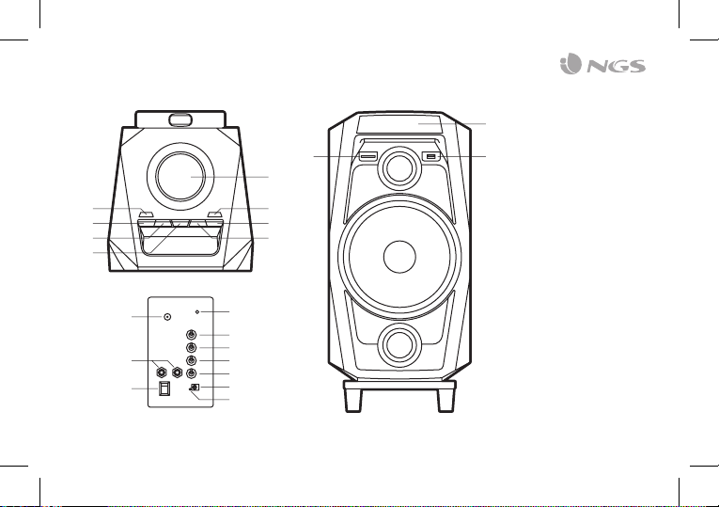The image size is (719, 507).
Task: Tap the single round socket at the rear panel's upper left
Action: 167,317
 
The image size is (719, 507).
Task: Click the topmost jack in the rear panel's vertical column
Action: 192,336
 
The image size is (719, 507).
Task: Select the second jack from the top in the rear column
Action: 192,348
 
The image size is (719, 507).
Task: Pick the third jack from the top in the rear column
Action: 192,361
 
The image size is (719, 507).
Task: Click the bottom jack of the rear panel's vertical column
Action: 192,374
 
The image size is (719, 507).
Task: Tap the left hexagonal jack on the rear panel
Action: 162,371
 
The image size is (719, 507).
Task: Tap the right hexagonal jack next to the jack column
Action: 176,371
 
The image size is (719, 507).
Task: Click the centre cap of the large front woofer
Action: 400,257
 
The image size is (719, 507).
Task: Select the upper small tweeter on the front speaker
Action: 400,167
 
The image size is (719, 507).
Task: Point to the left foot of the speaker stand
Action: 354,398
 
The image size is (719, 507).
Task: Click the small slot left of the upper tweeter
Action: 367,156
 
